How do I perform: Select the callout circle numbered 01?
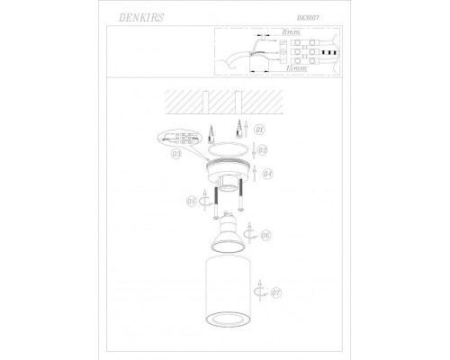click(258, 129)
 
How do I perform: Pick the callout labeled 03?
click(177, 154)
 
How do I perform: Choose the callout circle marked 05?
click(191, 201)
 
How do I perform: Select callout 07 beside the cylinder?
click(276, 291)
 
